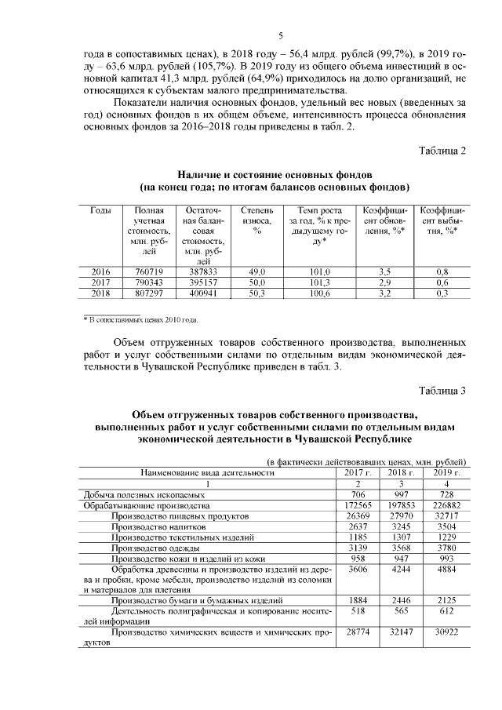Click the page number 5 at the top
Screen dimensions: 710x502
coord(280,35)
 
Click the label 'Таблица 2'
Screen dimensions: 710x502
coord(442,151)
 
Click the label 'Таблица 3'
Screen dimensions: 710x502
coord(442,390)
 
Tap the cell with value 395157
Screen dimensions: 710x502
coord(202,282)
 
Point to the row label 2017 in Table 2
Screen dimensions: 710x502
coord(100,282)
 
